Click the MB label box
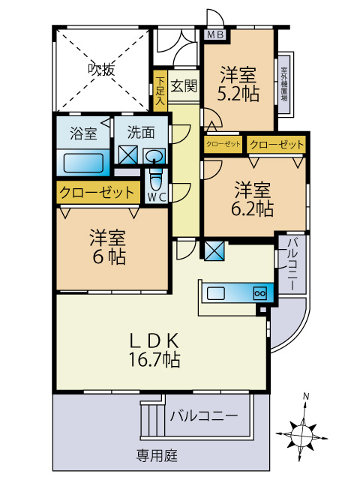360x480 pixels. point(214,34)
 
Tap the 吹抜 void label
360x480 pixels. point(102,70)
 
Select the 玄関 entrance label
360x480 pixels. point(183,85)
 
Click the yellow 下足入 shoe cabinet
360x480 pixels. point(160,91)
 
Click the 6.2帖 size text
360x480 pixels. point(253,209)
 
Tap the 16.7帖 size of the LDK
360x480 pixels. point(154,359)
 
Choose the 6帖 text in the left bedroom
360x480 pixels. point(106,256)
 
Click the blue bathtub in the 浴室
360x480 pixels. point(83,163)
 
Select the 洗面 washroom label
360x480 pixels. point(140,133)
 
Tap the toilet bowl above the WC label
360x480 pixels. point(156,181)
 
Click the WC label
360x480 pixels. point(156,197)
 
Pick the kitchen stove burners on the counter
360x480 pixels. point(260,293)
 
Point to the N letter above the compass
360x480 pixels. point(305,396)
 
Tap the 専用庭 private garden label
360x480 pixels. point(157,455)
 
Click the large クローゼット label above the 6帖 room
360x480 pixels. point(96,192)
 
